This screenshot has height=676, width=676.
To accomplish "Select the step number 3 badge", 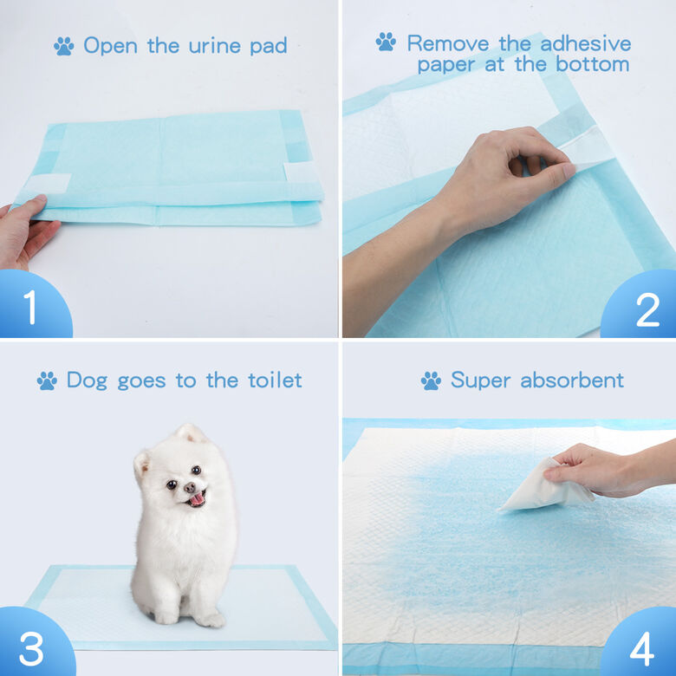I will click(x=31, y=647).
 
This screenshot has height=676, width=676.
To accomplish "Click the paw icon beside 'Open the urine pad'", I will click(x=63, y=46).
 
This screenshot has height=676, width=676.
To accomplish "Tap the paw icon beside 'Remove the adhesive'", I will click(x=386, y=42).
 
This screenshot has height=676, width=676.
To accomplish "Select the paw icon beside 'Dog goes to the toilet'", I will click(x=47, y=380).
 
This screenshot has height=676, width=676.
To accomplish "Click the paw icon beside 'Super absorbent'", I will click(x=431, y=380).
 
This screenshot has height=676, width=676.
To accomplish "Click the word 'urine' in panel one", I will click(x=211, y=46).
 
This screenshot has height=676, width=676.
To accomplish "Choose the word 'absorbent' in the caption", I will click(x=572, y=380).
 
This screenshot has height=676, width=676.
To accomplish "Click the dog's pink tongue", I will click(x=197, y=498).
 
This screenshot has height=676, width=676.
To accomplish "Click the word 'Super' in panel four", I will click(x=482, y=380).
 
